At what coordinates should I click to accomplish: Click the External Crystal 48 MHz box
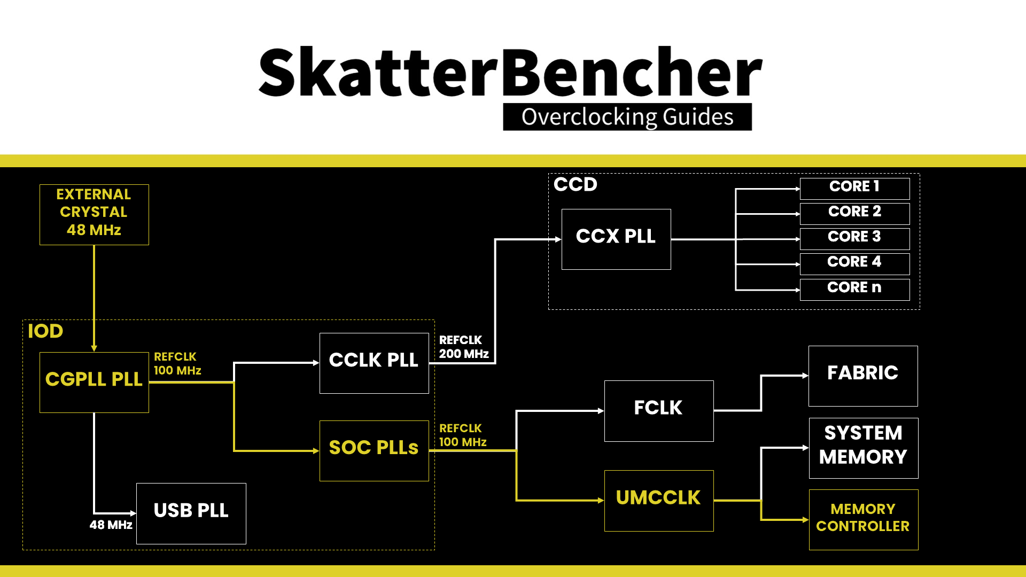[94, 215]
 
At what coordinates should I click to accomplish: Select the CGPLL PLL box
[94, 382]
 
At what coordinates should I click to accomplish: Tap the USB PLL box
[191, 513]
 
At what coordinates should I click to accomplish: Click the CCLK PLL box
[374, 363]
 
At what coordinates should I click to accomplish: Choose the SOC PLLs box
[374, 451]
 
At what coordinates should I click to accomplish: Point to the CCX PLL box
[616, 239]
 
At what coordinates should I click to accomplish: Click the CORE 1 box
[855, 189]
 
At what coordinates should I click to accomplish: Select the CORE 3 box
[855, 239]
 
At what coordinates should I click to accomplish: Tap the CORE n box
[855, 290]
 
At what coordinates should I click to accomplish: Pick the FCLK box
[659, 411]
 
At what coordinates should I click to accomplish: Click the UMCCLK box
[659, 501]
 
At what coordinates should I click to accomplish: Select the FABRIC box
[863, 376]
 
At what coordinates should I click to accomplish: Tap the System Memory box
[864, 448]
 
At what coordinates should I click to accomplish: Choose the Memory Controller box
[864, 520]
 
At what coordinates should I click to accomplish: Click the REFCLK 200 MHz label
[464, 347]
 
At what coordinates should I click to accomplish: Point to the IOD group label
[45, 331]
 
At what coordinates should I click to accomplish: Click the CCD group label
[576, 184]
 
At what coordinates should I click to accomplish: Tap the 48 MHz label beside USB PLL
[111, 525]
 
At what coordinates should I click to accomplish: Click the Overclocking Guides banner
[627, 116]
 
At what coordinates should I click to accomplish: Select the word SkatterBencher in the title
[510, 72]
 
